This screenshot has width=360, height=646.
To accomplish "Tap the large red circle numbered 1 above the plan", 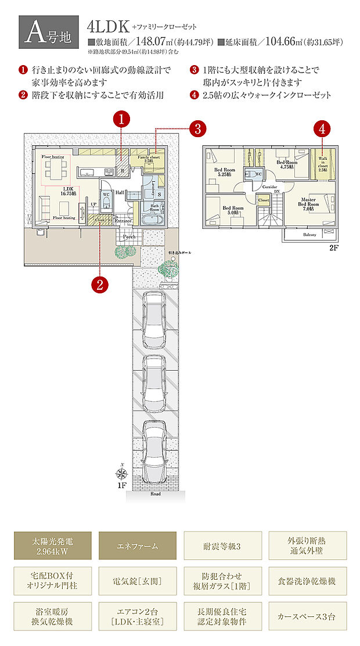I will click(x=121, y=120).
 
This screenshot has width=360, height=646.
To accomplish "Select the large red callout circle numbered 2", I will click(x=99, y=284).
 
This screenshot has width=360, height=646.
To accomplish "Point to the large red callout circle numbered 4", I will click(x=322, y=127).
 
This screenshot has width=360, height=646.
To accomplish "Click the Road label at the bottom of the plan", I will click(x=155, y=494).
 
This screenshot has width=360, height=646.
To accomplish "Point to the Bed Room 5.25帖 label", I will click(x=224, y=172).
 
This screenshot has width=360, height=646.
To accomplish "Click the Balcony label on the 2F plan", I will click(x=309, y=235).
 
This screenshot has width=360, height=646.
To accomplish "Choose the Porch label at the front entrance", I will click(x=128, y=237).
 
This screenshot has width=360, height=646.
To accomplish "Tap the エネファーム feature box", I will click(x=137, y=545).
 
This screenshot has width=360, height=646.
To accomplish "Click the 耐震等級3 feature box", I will click(x=222, y=545).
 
